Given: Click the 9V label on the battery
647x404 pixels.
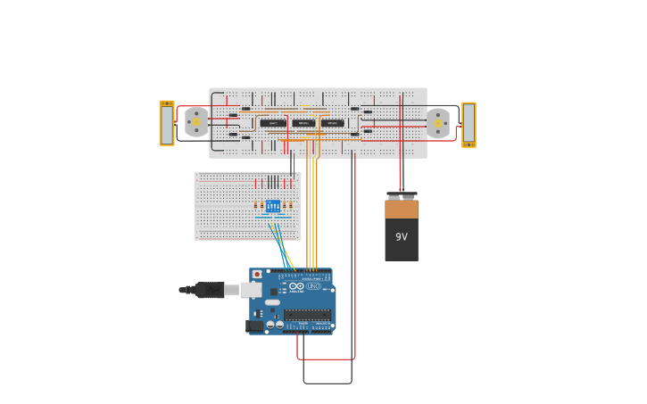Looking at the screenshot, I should pos(401,237).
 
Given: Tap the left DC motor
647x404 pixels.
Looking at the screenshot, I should pos(196,122).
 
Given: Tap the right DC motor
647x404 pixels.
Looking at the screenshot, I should pos(437,123).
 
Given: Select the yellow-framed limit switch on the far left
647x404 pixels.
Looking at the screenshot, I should pos(167,123).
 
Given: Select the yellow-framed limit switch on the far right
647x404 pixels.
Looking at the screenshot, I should pos(469,125).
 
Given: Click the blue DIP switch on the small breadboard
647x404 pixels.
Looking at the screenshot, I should pos(273,206).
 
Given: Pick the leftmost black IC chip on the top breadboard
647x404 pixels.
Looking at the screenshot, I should pos(273,123).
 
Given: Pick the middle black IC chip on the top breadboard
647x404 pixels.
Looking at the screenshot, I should pos(303,123).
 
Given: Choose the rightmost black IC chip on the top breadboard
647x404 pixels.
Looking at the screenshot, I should pos(333,123).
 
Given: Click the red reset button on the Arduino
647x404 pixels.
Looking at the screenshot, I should pos(258,275).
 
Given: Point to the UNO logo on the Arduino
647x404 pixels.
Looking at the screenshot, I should pos(313,286).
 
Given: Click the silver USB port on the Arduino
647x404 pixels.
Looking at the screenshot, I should pos(252,290).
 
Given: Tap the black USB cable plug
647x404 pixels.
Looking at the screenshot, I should pos(209,290).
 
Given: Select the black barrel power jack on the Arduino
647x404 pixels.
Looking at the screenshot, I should pos(254,326).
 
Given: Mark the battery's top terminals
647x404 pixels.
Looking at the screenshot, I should pos(402,195).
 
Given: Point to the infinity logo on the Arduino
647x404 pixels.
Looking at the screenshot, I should pos(295,286).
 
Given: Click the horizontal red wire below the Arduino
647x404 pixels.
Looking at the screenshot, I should pos(326,359).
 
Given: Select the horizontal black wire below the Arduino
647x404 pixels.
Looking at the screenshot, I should pos(328,383).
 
